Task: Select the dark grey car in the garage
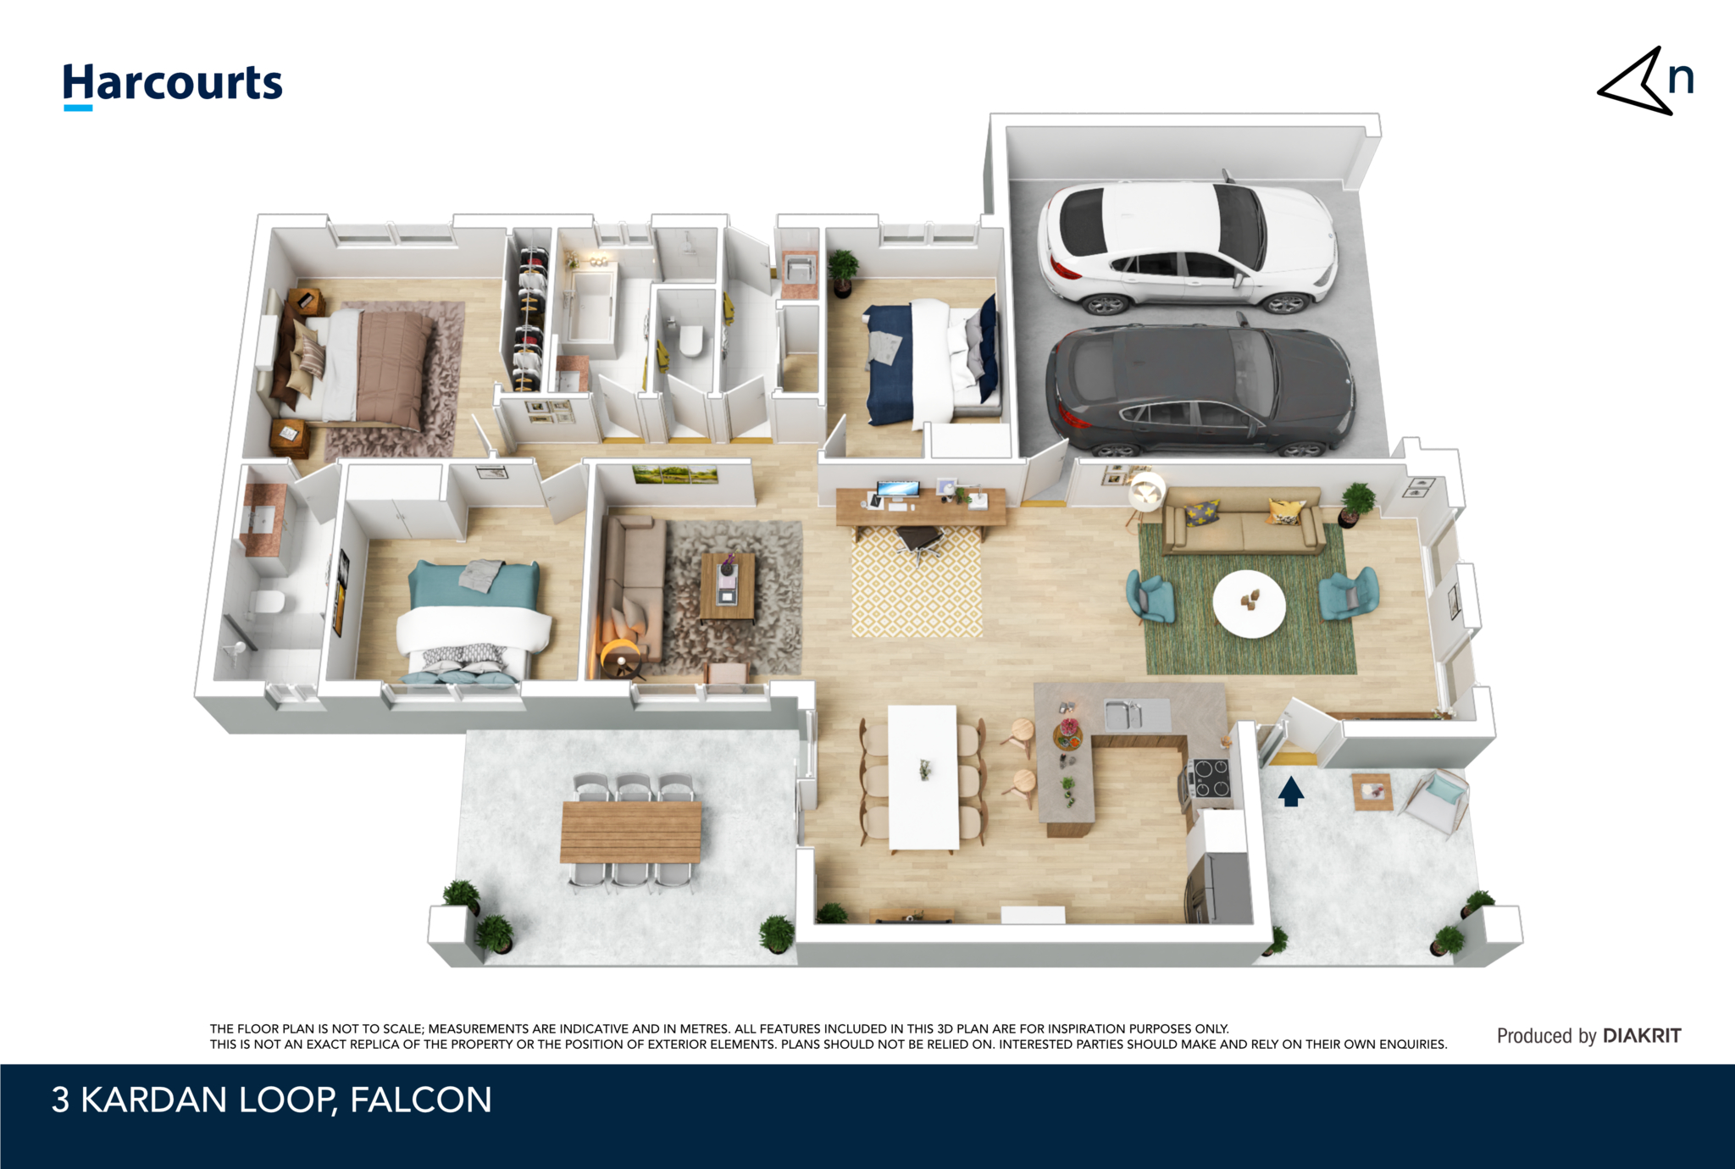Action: (1200, 388)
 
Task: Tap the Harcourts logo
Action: (173, 85)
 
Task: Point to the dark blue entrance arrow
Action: (1290, 791)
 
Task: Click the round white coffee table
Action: (1249, 603)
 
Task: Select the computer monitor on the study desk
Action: (898, 490)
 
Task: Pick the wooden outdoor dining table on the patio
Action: (631, 832)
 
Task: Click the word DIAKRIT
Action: (1642, 1036)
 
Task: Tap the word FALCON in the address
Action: (420, 1100)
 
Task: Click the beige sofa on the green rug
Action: (1243, 520)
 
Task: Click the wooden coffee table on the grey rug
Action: (728, 585)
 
